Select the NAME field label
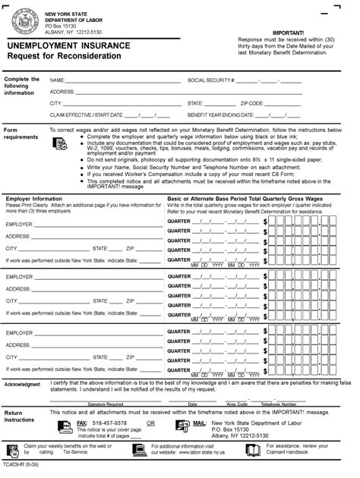pos(57,80)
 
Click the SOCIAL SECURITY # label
pos(210,80)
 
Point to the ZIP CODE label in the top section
pos(254,102)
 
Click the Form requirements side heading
pos(21,134)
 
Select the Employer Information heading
pos(34,198)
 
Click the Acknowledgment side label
pos(22,385)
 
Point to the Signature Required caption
pos(106,404)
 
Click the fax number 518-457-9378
pos(109,423)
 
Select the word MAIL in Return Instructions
pos(199,423)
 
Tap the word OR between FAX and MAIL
pos(150,423)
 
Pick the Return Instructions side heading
pos(19,416)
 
